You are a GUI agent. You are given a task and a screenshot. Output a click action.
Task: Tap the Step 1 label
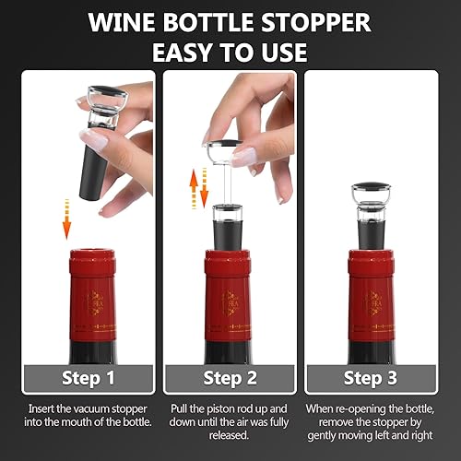click(89, 378)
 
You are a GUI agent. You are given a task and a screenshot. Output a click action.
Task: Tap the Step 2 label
click(229, 378)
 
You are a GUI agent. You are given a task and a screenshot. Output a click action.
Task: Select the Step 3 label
click(370, 378)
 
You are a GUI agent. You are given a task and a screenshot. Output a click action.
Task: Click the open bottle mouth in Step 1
click(91, 252)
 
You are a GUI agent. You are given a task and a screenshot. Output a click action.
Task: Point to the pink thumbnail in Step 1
click(95, 138)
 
